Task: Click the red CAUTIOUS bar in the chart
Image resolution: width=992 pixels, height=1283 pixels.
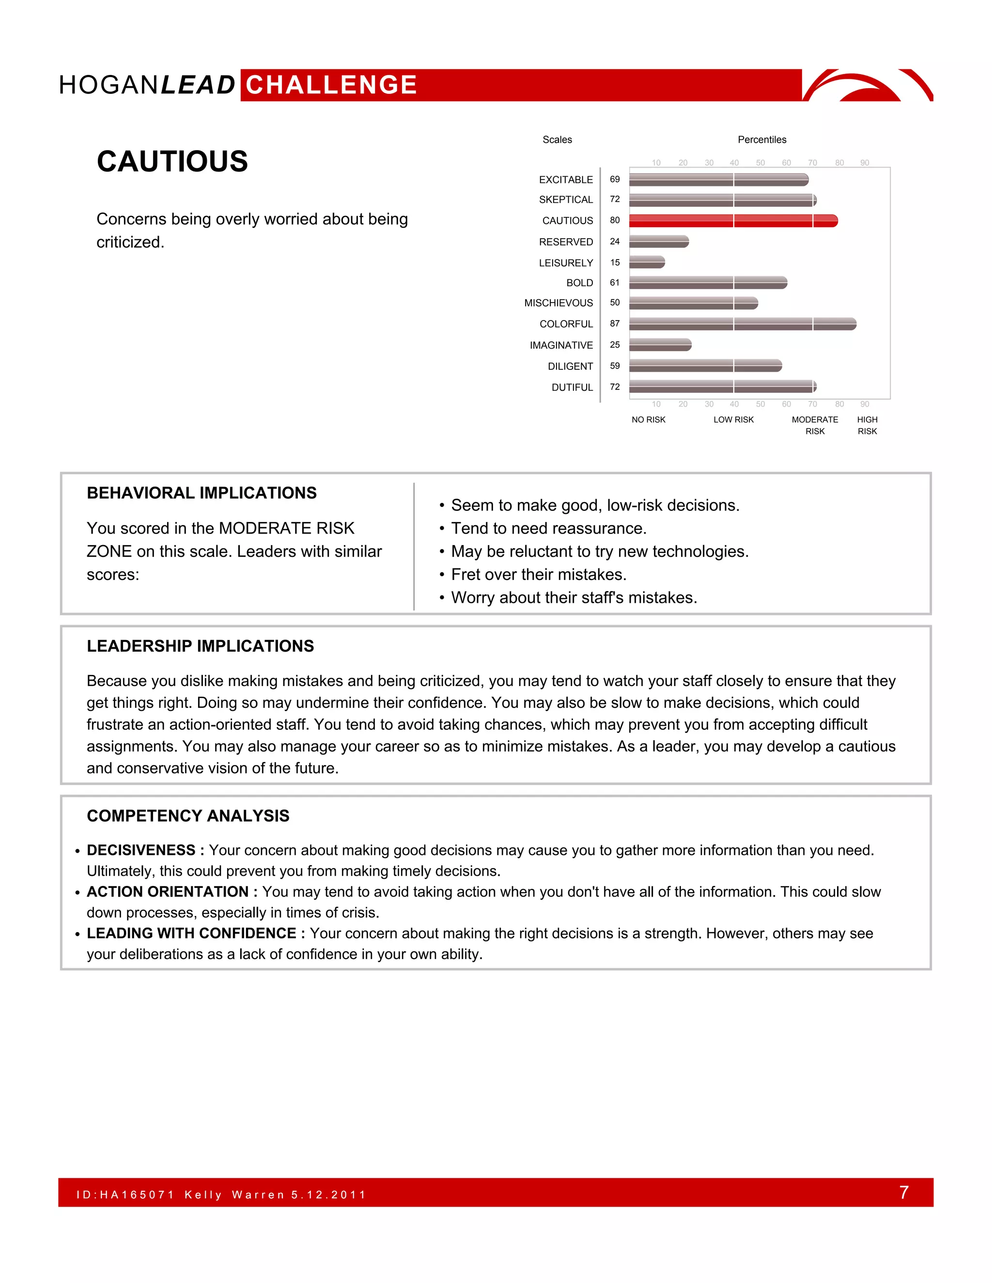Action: [733, 221]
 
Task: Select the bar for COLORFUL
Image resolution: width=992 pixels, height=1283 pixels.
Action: [742, 324]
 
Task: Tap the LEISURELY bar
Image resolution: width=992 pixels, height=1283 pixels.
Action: [647, 262]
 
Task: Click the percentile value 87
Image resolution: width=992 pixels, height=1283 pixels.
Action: [615, 324]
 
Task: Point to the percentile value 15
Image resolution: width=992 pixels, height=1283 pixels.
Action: [615, 262]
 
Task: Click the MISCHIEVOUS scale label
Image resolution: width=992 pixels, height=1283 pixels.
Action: [558, 303]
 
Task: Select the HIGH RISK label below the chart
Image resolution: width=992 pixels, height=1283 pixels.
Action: [867, 425]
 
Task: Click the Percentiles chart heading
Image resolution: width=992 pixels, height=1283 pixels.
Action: [761, 140]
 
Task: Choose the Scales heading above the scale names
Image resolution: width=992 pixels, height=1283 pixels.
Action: [557, 140]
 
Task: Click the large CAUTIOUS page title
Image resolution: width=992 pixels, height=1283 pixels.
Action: [172, 162]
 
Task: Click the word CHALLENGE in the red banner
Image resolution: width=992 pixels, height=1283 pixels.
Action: [331, 85]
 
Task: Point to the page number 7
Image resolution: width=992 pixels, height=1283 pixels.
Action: [904, 1192]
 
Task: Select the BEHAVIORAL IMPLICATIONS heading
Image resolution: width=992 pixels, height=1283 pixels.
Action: [201, 493]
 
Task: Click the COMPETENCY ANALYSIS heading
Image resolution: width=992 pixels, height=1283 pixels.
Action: [188, 816]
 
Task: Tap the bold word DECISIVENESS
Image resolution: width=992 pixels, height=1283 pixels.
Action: [141, 850]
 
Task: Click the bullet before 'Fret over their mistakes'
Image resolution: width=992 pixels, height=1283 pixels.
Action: [441, 575]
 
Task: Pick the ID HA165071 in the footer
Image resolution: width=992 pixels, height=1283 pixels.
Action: [126, 1194]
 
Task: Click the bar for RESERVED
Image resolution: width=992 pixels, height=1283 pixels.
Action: [659, 242]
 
